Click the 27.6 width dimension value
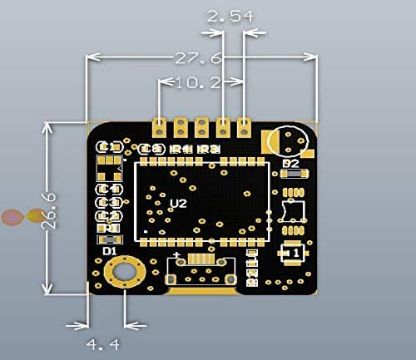(x=198, y=59)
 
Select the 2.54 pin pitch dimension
(x=225, y=17)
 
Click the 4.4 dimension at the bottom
(x=106, y=343)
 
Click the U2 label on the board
(x=177, y=204)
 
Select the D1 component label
(x=108, y=249)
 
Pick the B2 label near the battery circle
(x=290, y=165)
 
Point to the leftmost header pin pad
(x=159, y=126)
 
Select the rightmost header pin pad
(x=244, y=126)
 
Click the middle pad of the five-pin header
(x=201, y=126)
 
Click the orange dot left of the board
(x=12, y=218)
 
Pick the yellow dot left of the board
(x=34, y=216)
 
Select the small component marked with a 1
(x=290, y=250)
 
